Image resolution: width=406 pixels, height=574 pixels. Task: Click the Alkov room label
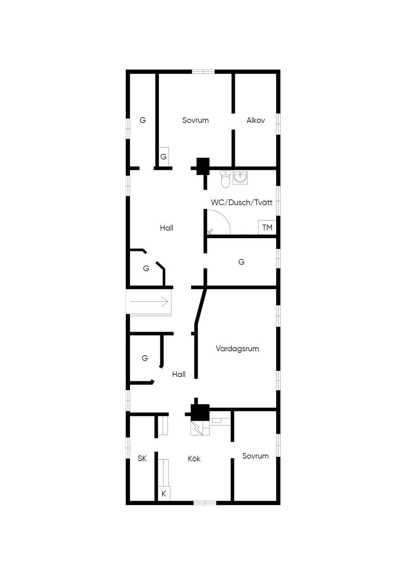coord(256,120)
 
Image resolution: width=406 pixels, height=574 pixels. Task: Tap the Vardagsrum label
coord(237,349)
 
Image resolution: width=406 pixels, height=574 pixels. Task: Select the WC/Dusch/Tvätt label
coord(242,203)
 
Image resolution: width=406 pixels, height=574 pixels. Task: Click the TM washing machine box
coord(267,227)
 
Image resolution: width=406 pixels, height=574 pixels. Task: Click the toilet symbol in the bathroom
coord(225,179)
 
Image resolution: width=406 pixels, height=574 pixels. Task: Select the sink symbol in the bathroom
coord(240,177)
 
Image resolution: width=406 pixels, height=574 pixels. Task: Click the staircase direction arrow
coord(149,302)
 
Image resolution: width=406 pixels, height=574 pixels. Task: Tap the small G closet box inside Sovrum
coord(163,157)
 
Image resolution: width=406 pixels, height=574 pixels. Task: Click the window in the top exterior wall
coord(203,71)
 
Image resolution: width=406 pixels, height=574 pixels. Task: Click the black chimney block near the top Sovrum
coord(203,166)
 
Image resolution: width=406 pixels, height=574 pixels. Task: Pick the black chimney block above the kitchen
coord(200,412)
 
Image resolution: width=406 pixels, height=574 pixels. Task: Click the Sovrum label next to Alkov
coord(195,120)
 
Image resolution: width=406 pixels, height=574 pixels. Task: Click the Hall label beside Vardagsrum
coord(179,374)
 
